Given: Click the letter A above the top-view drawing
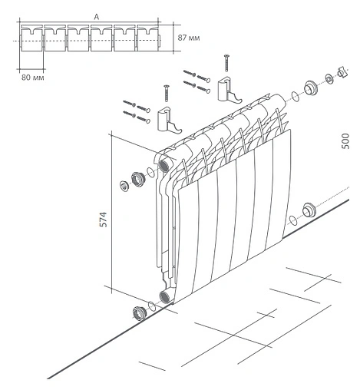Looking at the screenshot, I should tap(94, 15).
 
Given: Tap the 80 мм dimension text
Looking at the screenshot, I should tap(31, 76).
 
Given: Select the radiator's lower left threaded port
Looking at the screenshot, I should tap(163, 297).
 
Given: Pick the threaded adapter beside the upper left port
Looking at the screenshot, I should tap(139, 180).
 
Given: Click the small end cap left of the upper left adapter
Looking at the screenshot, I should tap(124, 185).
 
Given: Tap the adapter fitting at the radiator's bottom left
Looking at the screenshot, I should tap(139, 312).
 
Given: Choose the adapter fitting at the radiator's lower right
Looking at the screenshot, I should tap(309, 210).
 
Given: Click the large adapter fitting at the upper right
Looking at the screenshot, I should tap(311, 87).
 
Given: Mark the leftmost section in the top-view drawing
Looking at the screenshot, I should tap(31, 41).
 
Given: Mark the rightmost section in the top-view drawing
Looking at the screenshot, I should tap(147, 41).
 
